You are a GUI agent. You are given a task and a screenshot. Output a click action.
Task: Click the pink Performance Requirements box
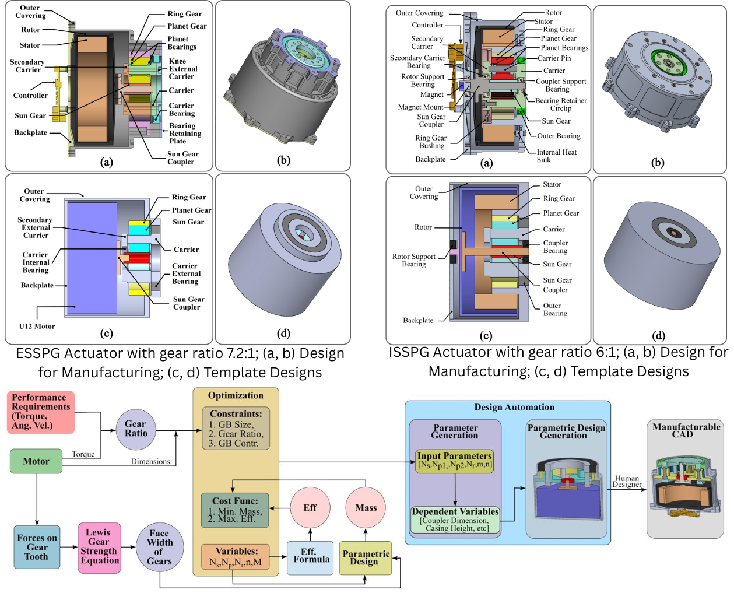click(x=41, y=412)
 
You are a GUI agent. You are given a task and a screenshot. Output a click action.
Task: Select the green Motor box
click(x=36, y=461)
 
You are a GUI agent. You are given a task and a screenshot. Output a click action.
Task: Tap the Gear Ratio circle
click(x=136, y=429)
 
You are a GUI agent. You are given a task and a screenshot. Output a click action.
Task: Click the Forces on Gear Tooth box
click(x=37, y=547)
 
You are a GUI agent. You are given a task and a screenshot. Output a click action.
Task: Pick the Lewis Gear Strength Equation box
click(x=99, y=546)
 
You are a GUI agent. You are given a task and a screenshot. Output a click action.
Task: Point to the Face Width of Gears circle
click(x=159, y=547)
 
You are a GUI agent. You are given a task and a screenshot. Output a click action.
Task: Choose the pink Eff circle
click(x=310, y=508)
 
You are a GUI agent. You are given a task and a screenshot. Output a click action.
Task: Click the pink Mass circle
click(x=366, y=508)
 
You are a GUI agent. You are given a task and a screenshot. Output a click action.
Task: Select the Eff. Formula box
click(x=310, y=556)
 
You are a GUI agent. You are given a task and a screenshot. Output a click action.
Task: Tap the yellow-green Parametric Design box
click(x=365, y=557)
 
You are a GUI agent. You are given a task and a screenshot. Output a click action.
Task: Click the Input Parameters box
click(x=455, y=460)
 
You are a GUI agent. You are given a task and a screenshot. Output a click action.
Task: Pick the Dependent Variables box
click(x=455, y=520)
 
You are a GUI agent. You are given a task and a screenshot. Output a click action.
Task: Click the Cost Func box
click(x=235, y=510)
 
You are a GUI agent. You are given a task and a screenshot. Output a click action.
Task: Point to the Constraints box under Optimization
click(x=236, y=429)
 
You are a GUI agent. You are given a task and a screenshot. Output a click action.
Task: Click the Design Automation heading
click(x=514, y=407)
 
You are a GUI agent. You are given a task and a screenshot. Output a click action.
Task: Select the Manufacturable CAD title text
click(x=686, y=430)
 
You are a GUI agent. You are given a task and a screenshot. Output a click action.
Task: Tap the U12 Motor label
click(x=37, y=326)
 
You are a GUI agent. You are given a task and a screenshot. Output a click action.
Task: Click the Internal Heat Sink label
click(x=556, y=156)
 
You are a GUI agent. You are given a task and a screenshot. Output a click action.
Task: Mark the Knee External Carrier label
click(x=182, y=69)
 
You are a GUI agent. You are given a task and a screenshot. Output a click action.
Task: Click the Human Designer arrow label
click(x=627, y=481)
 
